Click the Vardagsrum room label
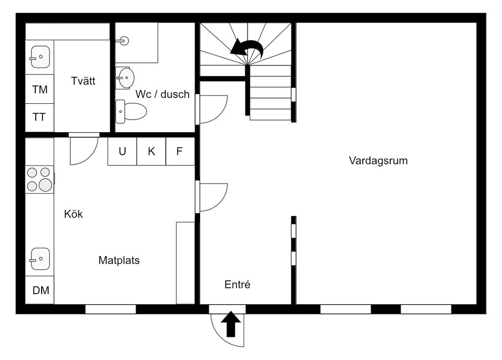pos(378,160)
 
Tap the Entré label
pos(237,284)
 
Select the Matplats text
pos(119,260)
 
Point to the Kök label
pos(74,214)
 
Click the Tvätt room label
pos(83,81)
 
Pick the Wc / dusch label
pos(162,95)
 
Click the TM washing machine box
pos(40,90)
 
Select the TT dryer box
pos(40,117)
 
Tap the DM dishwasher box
pos(41,290)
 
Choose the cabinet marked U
pos(122,151)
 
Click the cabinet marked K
pos(151,151)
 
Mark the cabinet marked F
pos(179,151)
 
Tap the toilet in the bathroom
pos(131,111)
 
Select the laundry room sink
pos(40,57)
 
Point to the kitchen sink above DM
pos(40,259)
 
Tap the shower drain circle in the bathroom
pos(124,41)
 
